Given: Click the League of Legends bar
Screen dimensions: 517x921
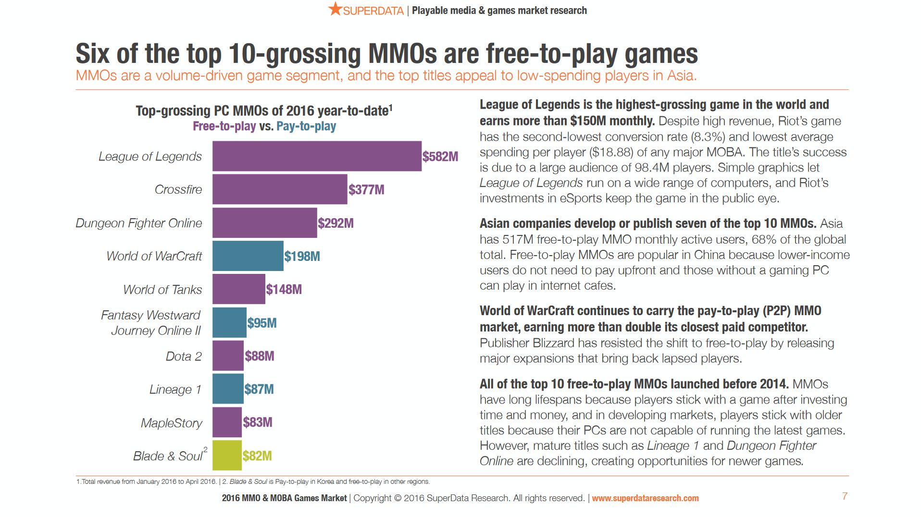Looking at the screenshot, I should pos(316,156).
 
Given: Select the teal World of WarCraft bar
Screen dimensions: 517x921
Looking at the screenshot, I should pos(248,256).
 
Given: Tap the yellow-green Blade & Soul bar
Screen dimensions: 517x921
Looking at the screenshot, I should pos(227,455).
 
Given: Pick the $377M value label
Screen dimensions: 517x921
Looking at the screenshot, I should pos(366,189).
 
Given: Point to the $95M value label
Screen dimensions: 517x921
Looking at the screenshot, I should pos(261,323).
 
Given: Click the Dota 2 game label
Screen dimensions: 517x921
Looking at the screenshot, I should pos(184,356).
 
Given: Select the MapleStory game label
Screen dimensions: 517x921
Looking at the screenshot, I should pos(171,423).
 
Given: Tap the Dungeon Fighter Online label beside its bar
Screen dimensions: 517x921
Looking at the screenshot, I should pos(138,223).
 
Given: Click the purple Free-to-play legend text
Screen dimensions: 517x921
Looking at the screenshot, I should pos(224,126).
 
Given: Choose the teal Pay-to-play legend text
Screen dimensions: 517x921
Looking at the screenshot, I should pos(306,126).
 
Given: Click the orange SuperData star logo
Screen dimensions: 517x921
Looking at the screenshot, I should pos(335,9).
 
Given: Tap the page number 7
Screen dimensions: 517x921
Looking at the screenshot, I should pos(845,496).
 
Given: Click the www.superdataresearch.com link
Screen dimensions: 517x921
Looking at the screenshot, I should pos(645,498).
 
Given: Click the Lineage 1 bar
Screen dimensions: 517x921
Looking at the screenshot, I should pos(228,389).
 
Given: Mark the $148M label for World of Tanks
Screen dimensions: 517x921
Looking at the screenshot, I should pos(284,289).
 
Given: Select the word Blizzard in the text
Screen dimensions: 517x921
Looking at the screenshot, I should pos(553,343).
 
